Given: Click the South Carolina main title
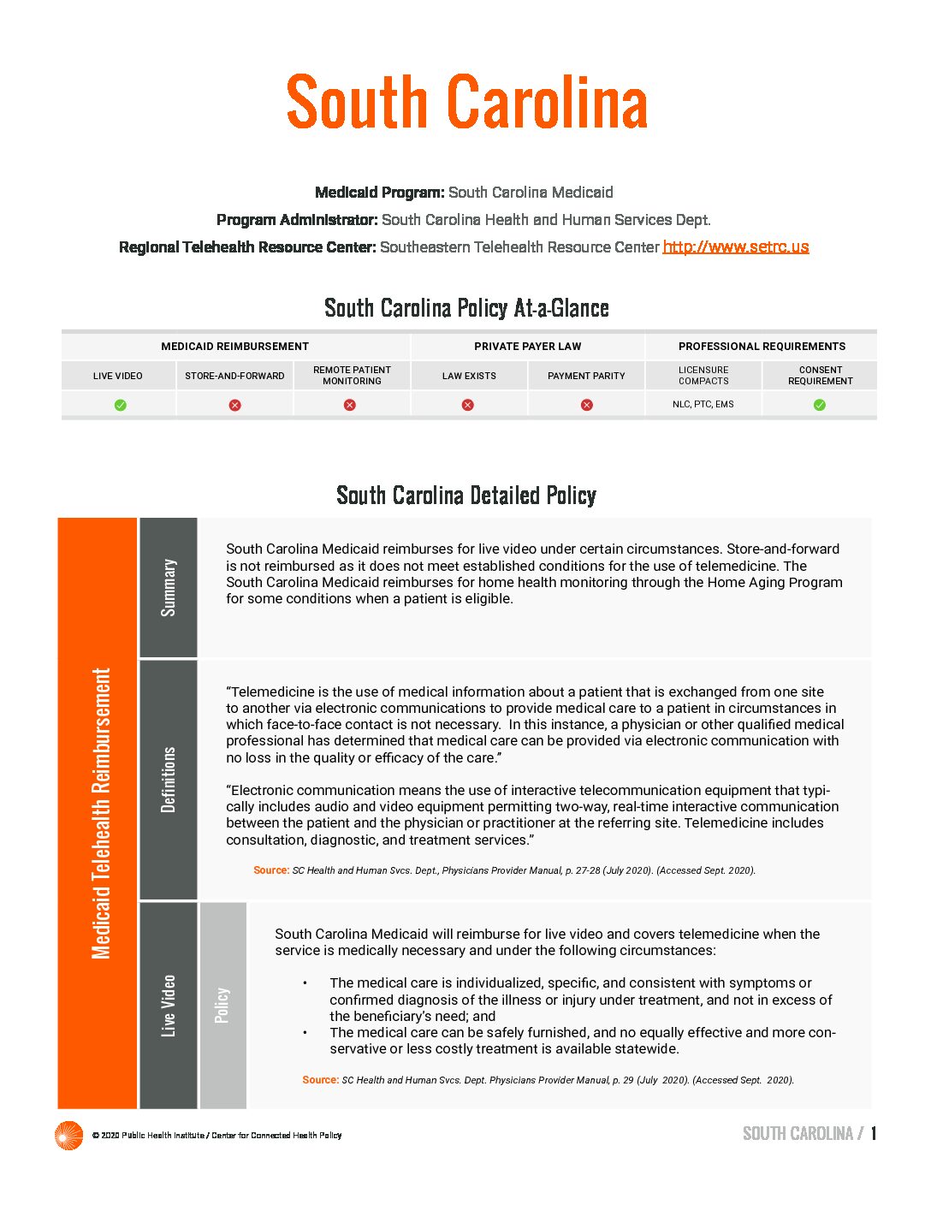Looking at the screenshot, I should click(x=466, y=103).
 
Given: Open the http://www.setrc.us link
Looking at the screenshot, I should click(x=735, y=247).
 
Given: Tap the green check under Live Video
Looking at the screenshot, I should click(x=120, y=405).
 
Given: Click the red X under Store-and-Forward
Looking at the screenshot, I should click(x=234, y=405).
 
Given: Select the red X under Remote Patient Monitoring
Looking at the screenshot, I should click(x=350, y=405).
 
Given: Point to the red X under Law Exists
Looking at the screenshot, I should click(x=468, y=405).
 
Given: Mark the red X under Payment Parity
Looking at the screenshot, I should click(x=586, y=405).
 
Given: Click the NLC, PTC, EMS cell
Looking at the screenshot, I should click(x=703, y=404).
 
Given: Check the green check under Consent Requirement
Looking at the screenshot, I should click(x=820, y=405).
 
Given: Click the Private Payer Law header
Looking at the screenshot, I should click(x=527, y=347).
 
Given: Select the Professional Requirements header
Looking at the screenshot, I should click(x=762, y=347).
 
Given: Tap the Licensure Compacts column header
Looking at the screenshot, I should click(x=703, y=376).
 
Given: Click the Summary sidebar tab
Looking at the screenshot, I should click(x=169, y=587).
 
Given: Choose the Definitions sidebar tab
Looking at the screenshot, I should click(x=169, y=779).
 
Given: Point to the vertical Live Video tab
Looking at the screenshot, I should click(x=169, y=1006).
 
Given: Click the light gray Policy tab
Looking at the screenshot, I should click(x=222, y=1006).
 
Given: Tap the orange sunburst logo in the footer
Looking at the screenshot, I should click(x=68, y=1136).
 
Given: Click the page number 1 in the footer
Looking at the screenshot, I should click(x=874, y=1134).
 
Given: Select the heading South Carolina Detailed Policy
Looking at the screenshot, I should click(x=466, y=496).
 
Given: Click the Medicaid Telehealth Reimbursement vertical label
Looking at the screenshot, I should click(x=100, y=813).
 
